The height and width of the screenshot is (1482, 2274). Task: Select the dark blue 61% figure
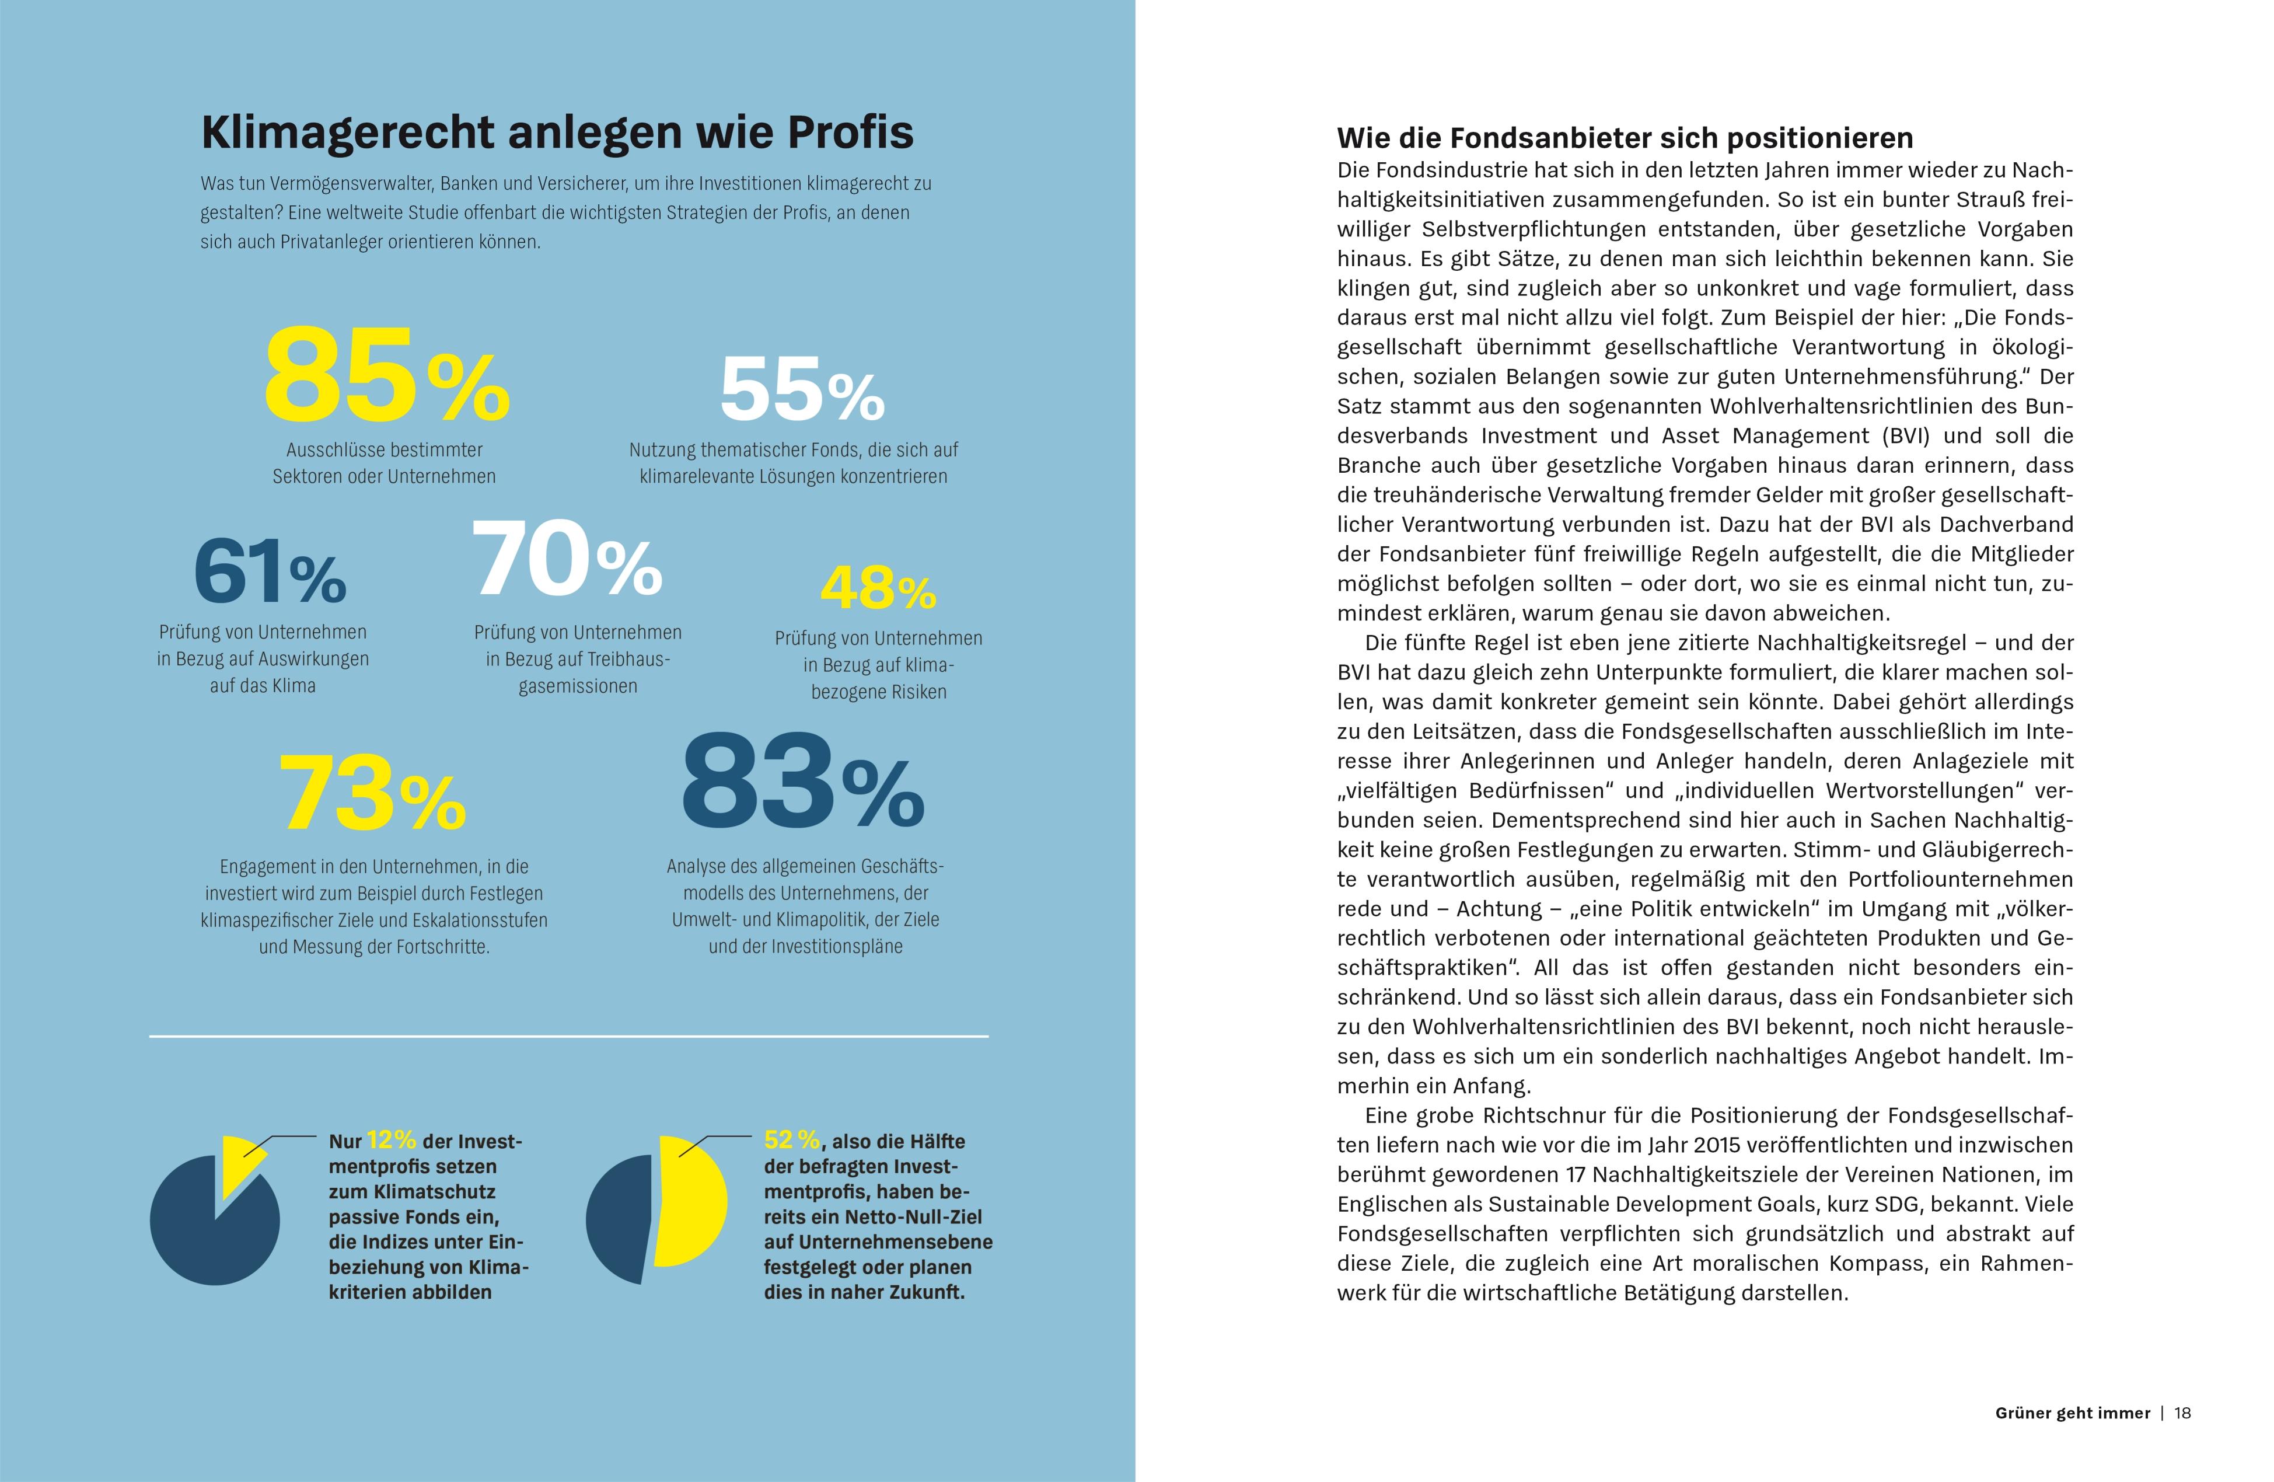(x=270, y=571)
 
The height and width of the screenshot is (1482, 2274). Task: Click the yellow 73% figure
(x=371, y=794)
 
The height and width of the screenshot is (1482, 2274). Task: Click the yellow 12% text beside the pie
(x=391, y=1140)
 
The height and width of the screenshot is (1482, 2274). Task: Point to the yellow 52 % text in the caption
(x=791, y=1140)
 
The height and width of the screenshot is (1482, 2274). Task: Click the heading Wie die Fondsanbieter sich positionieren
(x=1625, y=138)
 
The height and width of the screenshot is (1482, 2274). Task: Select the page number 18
(x=2182, y=1412)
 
